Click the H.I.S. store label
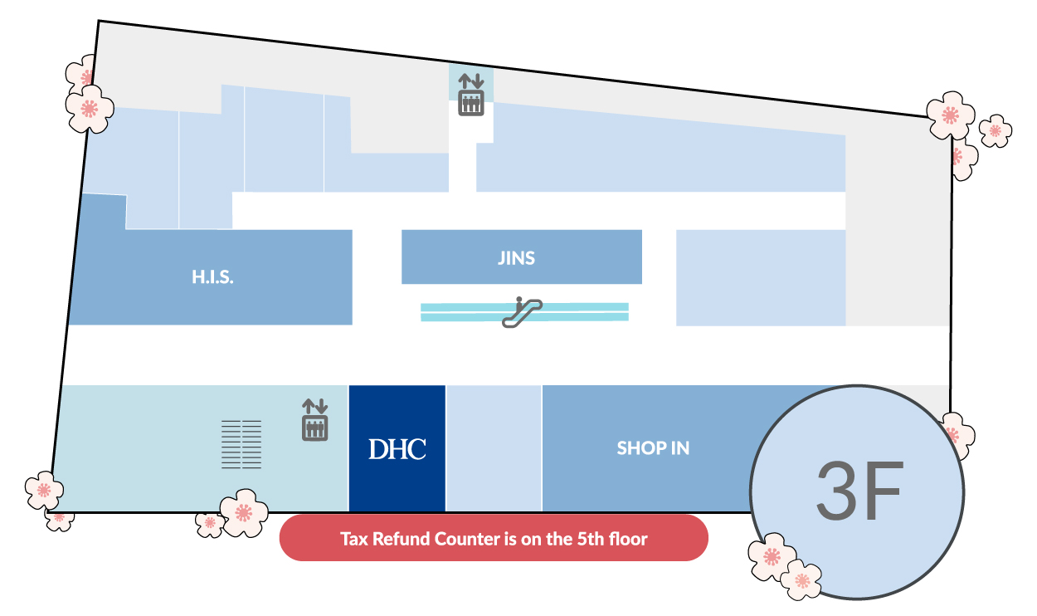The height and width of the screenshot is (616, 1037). click(x=212, y=277)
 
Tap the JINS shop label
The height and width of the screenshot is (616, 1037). click(x=516, y=258)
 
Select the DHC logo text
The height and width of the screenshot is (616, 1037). click(x=397, y=449)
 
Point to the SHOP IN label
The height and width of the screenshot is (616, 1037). click(x=653, y=447)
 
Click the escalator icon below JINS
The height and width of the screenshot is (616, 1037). click(x=522, y=312)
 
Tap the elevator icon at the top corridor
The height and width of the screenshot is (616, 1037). click(x=471, y=95)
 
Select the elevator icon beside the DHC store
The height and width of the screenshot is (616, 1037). click(x=314, y=419)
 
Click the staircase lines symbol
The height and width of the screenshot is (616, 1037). click(x=241, y=444)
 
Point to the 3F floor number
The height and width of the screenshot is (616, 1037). click(x=859, y=491)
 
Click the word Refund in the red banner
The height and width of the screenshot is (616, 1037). click(x=401, y=539)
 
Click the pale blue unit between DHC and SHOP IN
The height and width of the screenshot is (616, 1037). click(x=494, y=448)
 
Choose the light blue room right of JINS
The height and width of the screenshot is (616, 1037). click(x=761, y=278)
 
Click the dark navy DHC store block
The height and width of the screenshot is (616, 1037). click(x=397, y=448)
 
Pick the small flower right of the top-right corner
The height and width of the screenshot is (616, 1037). click(x=996, y=131)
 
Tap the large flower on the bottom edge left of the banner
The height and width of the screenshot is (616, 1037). click(x=244, y=513)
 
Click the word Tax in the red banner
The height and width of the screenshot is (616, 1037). click(x=354, y=539)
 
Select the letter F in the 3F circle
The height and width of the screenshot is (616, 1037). click(x=882, y=491)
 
